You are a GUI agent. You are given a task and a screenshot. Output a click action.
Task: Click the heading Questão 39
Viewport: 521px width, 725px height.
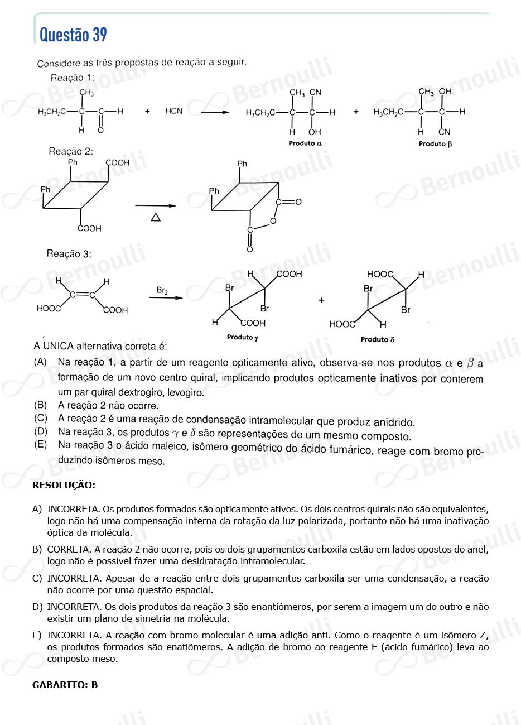[x=73, y=35]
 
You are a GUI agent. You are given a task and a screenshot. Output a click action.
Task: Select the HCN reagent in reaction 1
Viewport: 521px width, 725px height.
[x=173, y=111]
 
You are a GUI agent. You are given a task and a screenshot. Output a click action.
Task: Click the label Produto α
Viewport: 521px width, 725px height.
[x=305, y=143]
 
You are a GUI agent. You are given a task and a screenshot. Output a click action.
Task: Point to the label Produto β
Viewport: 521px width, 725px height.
[x=435, y=144]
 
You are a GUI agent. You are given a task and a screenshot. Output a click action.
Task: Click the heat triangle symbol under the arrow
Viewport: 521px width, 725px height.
[x=156, y=217]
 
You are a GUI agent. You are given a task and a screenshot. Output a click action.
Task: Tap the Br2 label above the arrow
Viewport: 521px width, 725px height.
[x=162, y=290]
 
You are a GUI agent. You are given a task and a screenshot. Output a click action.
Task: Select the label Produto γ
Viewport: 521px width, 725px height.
[x=242, y=337]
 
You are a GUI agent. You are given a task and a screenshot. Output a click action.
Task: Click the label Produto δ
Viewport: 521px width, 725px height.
[x=377, y=339]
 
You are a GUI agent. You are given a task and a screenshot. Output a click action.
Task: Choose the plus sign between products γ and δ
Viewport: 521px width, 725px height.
[x=321, y=300]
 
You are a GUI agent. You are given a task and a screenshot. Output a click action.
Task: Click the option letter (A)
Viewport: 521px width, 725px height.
[x=40, y=362]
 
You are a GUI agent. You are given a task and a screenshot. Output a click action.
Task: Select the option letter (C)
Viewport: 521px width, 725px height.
[x=40, y=418]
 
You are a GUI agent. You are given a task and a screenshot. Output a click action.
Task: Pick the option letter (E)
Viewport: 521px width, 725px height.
[x=40, y=445]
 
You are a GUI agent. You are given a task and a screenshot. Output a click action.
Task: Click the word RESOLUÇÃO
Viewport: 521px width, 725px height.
[x=64, y=485]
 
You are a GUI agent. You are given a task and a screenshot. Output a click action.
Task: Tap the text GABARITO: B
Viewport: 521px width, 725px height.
[x=65, y=684]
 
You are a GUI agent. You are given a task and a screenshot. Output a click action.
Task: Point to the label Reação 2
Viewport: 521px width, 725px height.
[x=71, y=151]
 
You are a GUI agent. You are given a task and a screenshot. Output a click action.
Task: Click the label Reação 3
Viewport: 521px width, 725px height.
[x=69, y=254]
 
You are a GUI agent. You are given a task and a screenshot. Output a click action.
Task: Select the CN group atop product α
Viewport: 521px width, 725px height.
[x=315, y=93]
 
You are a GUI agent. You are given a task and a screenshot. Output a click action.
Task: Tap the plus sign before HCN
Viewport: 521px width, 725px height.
[x=147, y=112]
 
